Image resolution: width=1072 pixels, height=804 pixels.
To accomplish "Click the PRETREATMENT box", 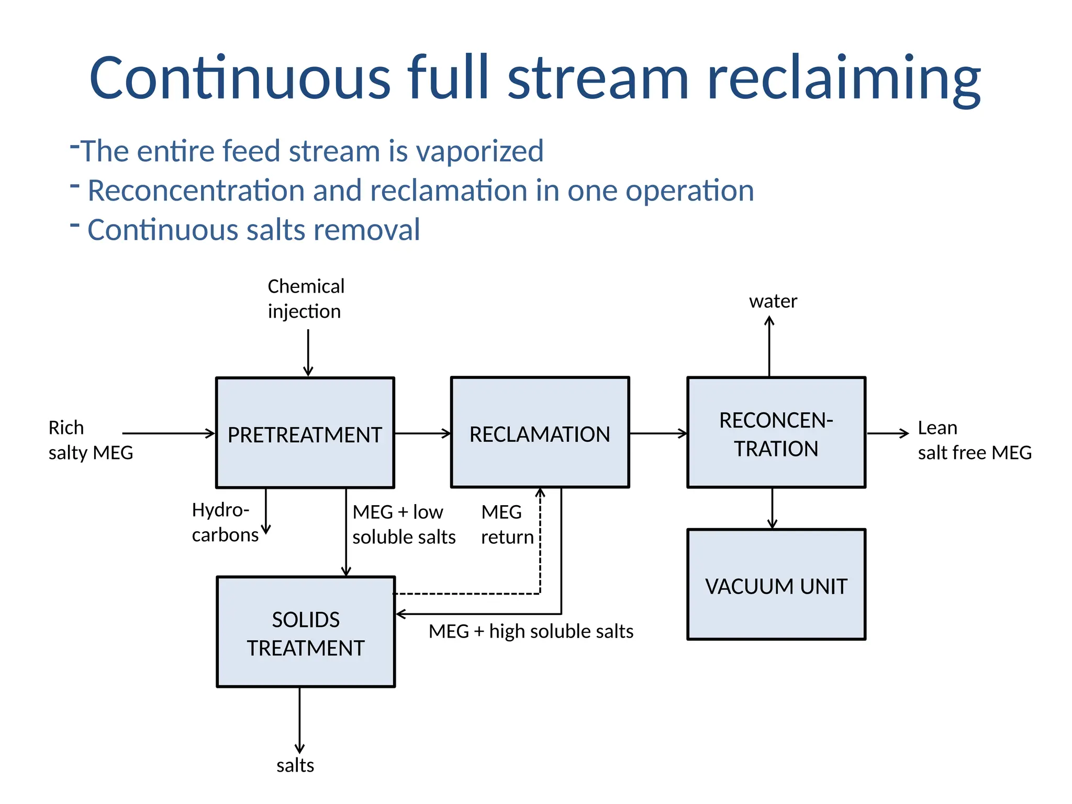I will (305, 433).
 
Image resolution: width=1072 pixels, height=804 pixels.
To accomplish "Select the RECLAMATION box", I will (540, 433).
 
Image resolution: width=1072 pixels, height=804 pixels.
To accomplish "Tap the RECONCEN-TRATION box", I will (776, 433).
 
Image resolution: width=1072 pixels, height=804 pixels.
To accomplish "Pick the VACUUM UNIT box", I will (776, 585).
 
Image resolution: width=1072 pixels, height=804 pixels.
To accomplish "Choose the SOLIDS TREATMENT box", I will (306, 632).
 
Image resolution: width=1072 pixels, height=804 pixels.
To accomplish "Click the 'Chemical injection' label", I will (306, 299).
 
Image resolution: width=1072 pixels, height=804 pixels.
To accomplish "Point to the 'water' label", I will (773, 301).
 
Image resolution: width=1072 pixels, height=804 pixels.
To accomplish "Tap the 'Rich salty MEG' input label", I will (90, 440).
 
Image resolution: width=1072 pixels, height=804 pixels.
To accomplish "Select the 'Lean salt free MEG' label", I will (974, 440).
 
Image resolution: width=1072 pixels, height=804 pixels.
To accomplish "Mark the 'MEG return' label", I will (506, 524).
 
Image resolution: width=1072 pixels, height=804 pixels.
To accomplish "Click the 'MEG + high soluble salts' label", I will (531, 631).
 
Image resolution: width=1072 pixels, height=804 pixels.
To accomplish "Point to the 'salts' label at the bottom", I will (295, 765).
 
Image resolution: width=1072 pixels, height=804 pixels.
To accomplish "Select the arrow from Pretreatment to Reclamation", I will (422, 433).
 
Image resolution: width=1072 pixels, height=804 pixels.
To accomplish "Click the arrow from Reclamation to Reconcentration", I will (658, 433).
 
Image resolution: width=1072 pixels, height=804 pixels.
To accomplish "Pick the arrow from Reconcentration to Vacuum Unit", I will (772, 508).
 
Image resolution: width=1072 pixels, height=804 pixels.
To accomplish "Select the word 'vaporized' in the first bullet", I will (479, 151).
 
